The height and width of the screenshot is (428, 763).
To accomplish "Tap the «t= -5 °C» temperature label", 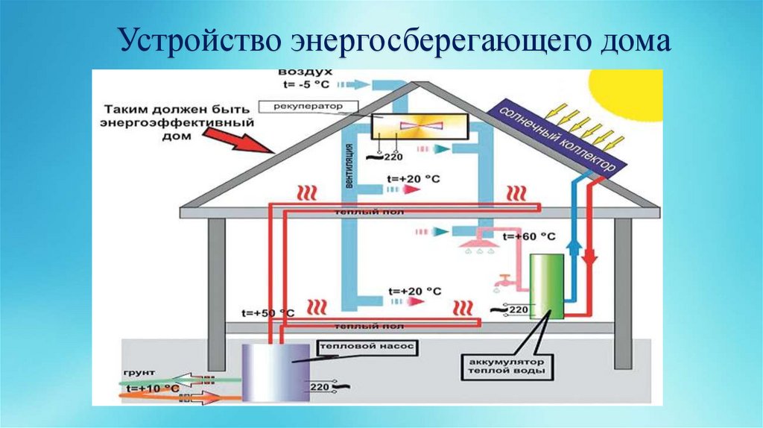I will (x=305, y=84).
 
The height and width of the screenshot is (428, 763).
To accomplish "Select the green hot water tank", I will (x=547, y=286).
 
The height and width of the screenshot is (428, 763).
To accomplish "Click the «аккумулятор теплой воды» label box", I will (x=506, y=366).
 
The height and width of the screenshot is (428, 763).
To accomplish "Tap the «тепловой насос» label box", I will (x=365, y=347).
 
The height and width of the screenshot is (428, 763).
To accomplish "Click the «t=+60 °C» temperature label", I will (x=528, y=236).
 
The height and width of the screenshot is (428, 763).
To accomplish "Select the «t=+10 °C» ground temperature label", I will (x=152, y=388).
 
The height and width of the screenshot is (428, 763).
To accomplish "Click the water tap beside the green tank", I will (x=504, y=282).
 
